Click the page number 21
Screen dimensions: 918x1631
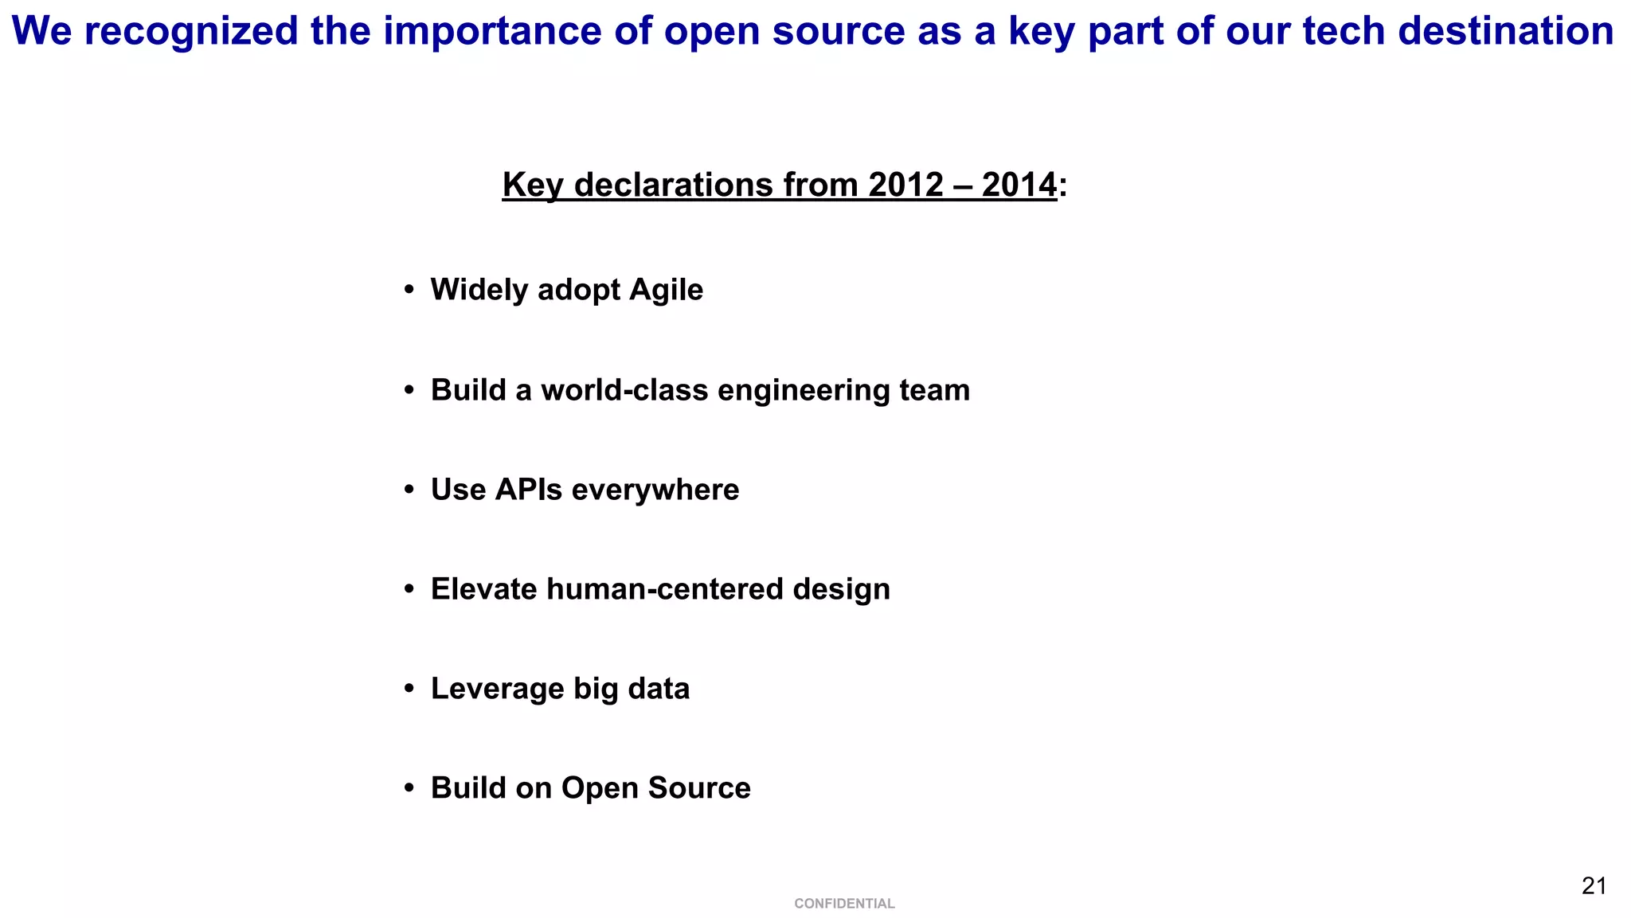tap(1594, 885)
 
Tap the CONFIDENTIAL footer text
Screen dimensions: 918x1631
tap(844, 904)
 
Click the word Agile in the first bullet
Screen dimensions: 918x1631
tap(666, 290)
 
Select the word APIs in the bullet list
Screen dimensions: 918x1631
tap(528, 490)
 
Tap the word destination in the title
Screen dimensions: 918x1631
tap(1505, 32)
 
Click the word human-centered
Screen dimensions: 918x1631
tap(664, 589)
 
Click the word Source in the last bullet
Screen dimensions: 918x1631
tap(699, 788)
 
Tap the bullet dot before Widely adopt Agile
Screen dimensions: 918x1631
tap(409, 290)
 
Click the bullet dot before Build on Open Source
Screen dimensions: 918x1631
tap(409, 788)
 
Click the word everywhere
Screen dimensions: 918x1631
tap(655, 490)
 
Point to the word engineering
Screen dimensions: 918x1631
tap(803, 390)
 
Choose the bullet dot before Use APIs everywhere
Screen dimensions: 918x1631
tap(409, 490)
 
